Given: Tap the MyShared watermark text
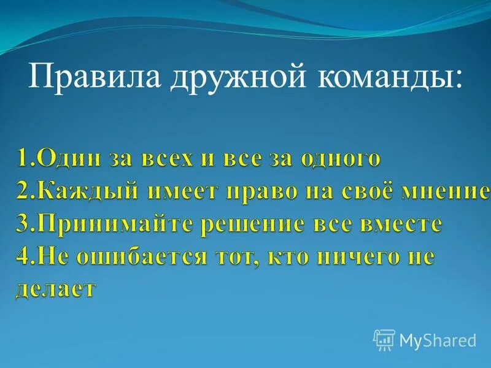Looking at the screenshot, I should pyautogui.click(x=438, y=340).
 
